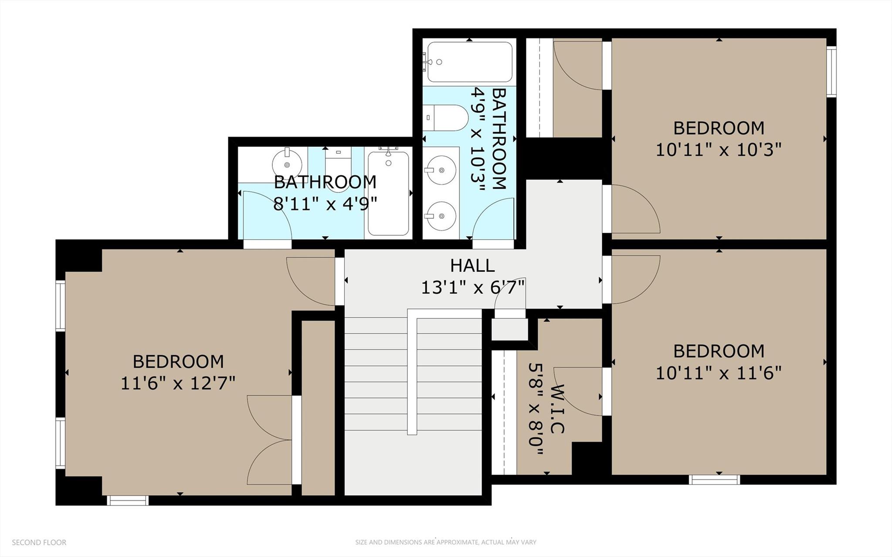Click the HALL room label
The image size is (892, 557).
[x=472, y=265]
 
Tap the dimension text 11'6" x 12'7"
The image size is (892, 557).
[x=178, y=383]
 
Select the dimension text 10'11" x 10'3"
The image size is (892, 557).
[x=719, y=150]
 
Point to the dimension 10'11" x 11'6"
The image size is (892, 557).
[x=719, y=373]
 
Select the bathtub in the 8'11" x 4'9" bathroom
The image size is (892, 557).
[x=388, y=193]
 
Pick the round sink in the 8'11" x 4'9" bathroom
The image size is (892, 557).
[x=287, y=164]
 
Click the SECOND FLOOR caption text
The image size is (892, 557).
[x=39, y=542]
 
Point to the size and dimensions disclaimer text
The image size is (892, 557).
[x=445, y=542]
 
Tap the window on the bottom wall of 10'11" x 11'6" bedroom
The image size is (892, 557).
[x=714, y=479]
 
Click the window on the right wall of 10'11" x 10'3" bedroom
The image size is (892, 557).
[x=831, y=71]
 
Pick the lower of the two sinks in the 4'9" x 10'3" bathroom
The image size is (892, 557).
[x=441, y=216]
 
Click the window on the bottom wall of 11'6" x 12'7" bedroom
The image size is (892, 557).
[x=128, y=500]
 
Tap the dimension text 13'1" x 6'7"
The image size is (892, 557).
[x=472, y=288]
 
